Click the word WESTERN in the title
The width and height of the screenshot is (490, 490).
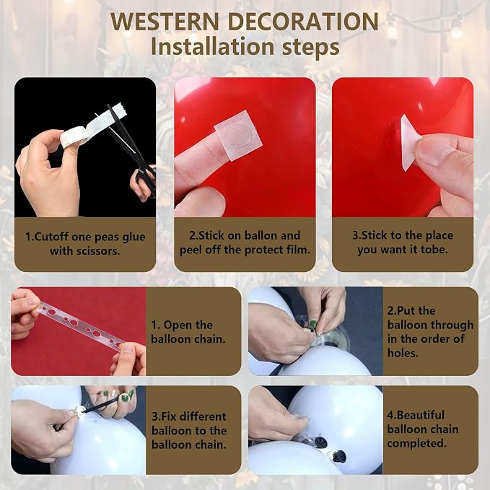click(x=165, y=21)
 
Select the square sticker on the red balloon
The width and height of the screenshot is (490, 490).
click(x=238, y=135)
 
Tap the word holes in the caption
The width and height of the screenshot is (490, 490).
click(x=403, y=353)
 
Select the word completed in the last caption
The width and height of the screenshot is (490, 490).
click(x=417, y=443)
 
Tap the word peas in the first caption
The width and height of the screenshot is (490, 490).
click(x=107, y=237)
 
